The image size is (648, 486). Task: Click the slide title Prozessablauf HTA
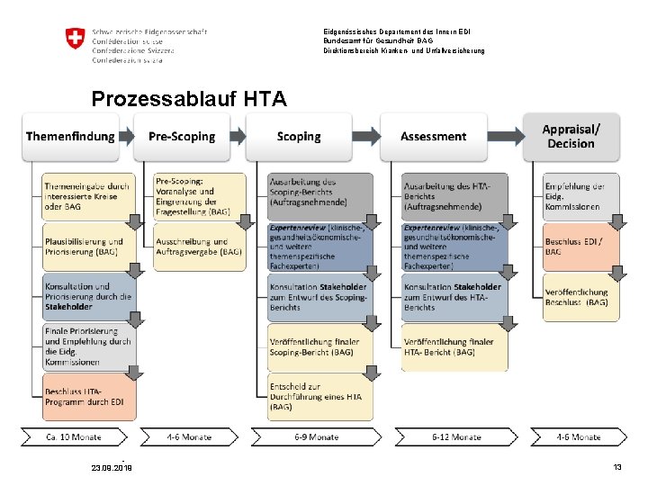click(190, 98)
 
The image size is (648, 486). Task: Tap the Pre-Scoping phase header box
click(182, 137)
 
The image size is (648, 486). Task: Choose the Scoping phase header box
click(299, 137)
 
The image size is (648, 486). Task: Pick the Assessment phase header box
click(433, 137)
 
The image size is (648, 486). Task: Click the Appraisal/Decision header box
click(571, 137)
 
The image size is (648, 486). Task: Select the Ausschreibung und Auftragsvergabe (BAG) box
click(199, 247)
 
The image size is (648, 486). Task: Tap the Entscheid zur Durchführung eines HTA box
click(319, 396)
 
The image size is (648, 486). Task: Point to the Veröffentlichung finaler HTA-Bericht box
click(454, 347)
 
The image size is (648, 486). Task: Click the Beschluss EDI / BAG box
click(580, 247)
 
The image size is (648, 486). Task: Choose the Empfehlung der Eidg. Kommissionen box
click(580, 196)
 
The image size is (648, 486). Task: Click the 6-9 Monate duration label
click(317, 436)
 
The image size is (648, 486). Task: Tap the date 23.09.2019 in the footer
click(112, 467)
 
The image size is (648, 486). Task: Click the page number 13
click(617, 467)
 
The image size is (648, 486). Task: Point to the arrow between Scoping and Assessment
click(369, 137)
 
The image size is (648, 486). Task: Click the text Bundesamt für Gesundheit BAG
click(379, 41)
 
